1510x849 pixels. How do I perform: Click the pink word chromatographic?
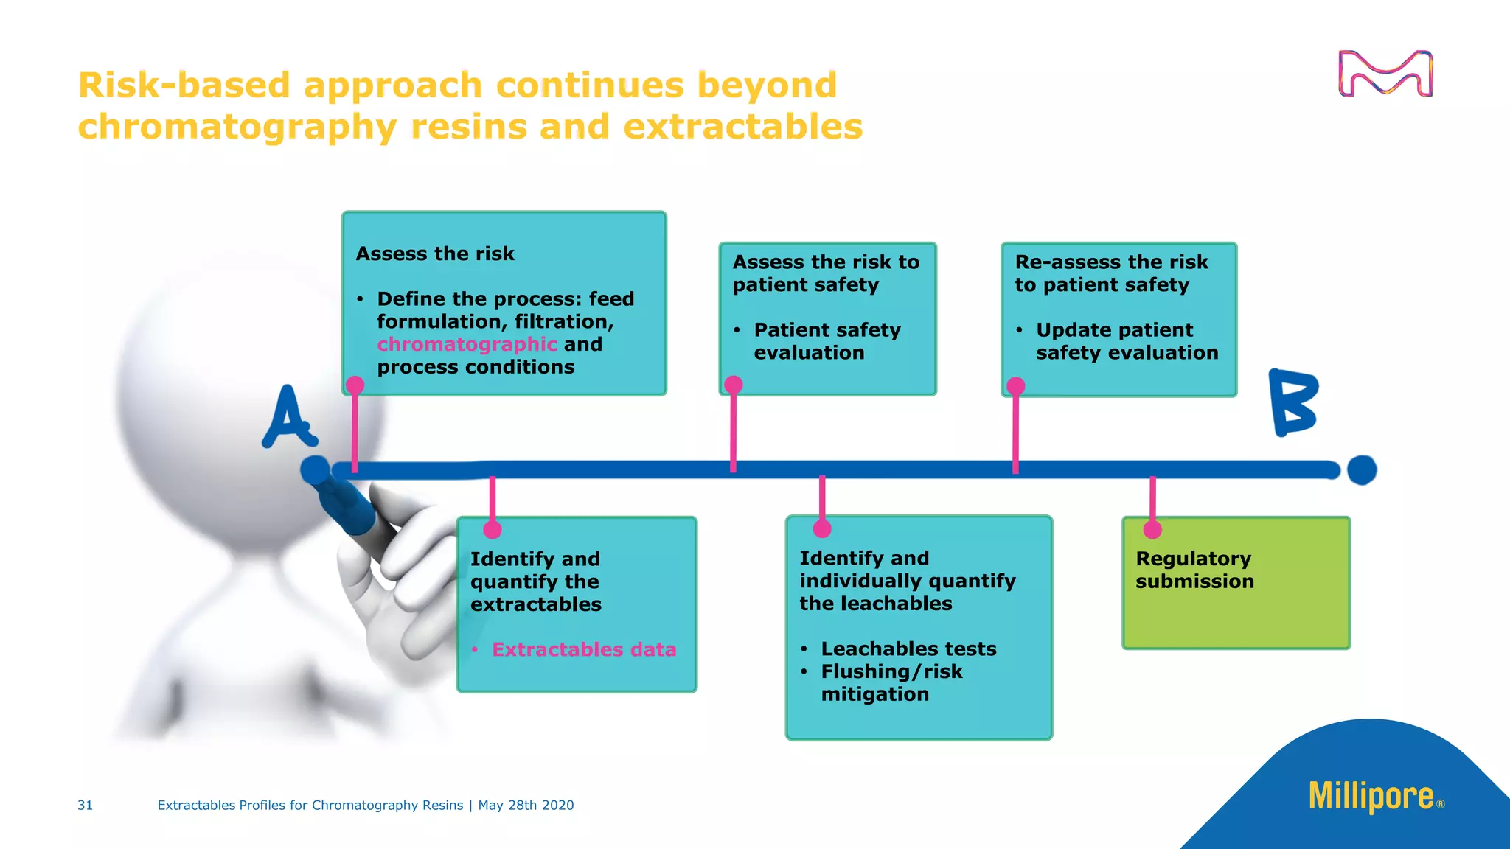(x=467, y=344)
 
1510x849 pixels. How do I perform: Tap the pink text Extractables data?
(x=583, y=649)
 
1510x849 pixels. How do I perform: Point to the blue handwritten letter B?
(x=1293, y=402)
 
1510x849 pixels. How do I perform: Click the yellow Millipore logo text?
(x=1371, y=797)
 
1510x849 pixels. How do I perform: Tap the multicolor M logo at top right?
(x=1385, y=74)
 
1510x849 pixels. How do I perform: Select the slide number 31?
(x=86, y=806)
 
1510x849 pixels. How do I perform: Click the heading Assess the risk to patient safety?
(x=825, y=273)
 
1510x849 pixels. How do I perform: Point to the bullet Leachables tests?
(x=908, y=649)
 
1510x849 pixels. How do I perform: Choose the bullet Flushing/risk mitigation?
(x=891, y=682)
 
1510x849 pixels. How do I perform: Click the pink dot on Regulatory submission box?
(x=1152, y=529)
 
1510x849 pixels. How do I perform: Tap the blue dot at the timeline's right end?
(x=1361, y=469)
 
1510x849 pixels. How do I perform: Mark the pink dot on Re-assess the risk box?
(x=1015, y=386)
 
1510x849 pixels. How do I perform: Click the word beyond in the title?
(x=767, y=85)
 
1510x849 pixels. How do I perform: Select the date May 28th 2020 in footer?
(x=526, y=806)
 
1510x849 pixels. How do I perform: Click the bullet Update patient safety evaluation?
(x=1126, y=341)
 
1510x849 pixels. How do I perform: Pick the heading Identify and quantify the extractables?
(x=535, y=581)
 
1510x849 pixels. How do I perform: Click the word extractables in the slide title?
(x=742, y=127)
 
